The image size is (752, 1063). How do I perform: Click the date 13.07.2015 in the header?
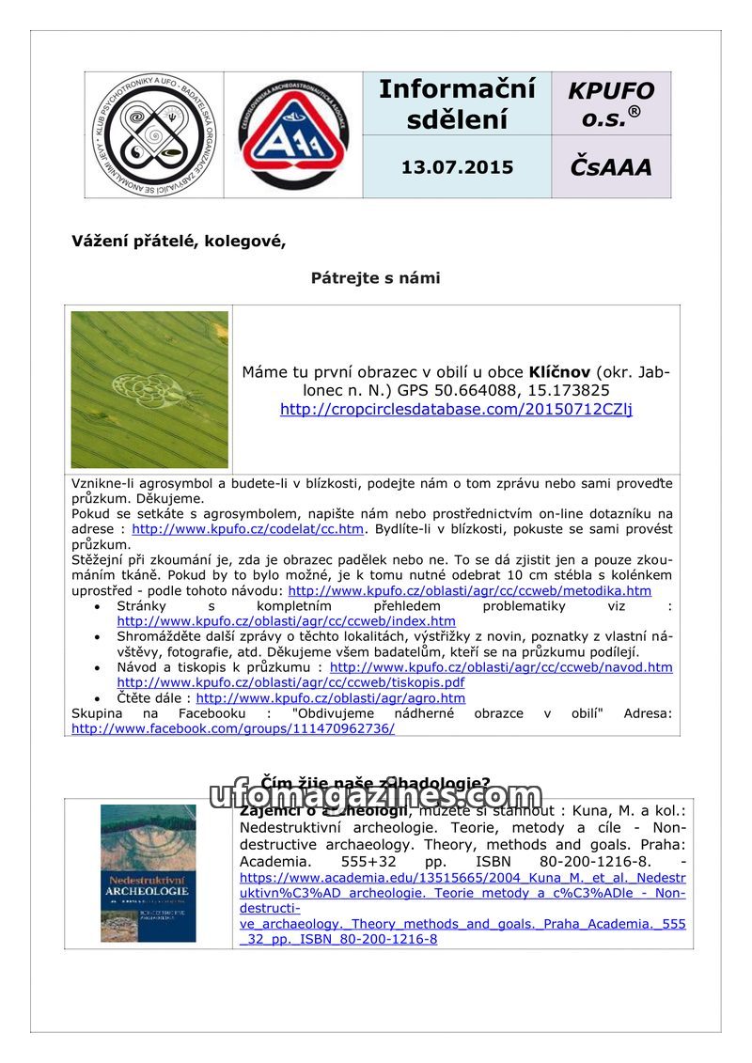[x=457, y=167]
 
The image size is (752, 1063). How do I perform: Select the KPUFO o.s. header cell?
[x=610, y=103]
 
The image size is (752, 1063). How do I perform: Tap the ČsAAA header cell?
[x=610, y=167]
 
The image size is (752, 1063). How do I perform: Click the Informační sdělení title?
[x=457, y=103]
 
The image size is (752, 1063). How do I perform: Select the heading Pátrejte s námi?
[x=375, y=278]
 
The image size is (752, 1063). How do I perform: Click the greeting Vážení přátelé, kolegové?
[x=179, y=241]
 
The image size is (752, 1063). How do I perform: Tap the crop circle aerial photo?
[x=149, y=389]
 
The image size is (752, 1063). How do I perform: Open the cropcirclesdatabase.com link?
[x=456, y=409]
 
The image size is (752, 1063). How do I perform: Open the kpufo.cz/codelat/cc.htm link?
[x=247, y=529]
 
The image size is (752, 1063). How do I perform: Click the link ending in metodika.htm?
[x=469, y=591]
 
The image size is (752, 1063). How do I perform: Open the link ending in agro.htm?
[x=330, y=698]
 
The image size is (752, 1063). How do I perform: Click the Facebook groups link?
[x=232, y=728]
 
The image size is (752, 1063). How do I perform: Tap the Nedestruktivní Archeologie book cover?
[x=149, y=873]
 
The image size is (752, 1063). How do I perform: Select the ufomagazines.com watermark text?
[x=376, y=796]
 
